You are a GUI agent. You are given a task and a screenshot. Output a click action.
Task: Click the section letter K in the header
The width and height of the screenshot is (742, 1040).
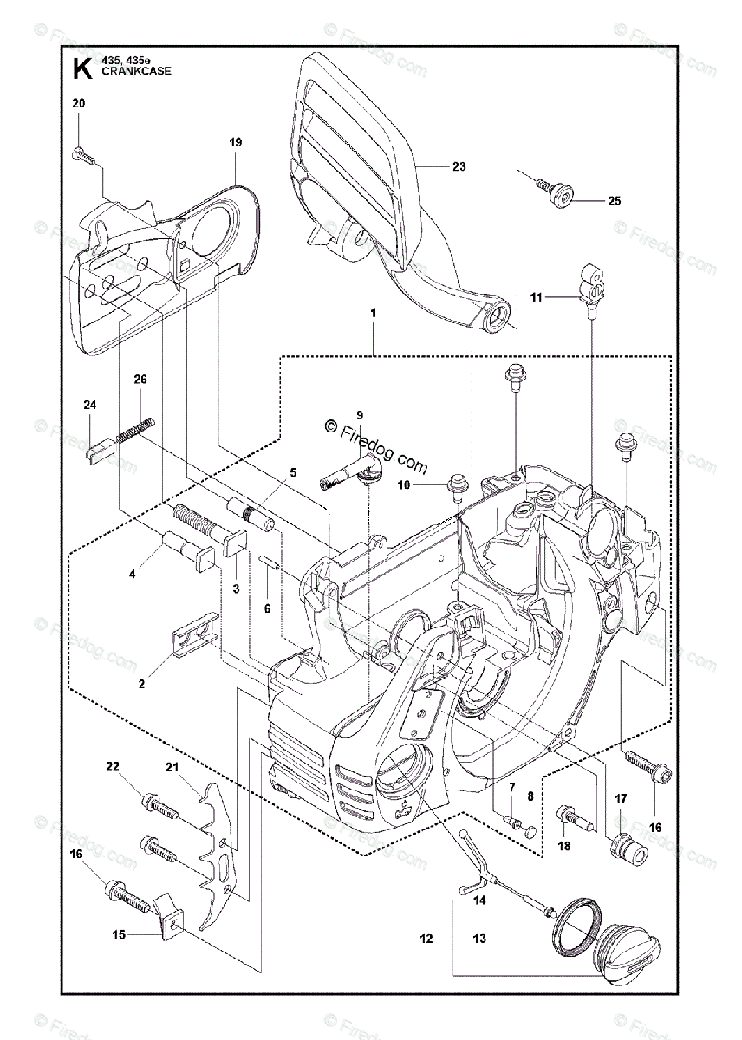82,67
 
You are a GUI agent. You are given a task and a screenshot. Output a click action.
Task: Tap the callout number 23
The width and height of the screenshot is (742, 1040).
459,166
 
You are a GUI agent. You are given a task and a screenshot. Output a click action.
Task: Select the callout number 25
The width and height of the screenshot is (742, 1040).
614,201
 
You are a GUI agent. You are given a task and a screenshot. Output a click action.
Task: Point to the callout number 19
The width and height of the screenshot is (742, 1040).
235,142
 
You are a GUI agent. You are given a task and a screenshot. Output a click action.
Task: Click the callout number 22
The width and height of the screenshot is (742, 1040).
113,766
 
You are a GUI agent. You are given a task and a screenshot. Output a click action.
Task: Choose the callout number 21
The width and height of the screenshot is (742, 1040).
172,766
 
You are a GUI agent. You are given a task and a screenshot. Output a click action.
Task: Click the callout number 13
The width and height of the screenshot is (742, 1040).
479,938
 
